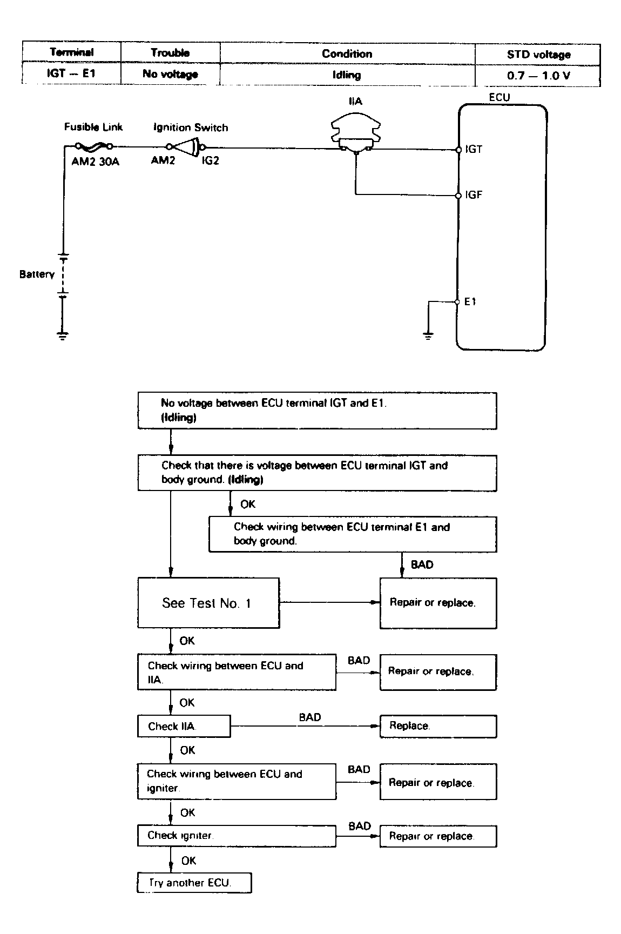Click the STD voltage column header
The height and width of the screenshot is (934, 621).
coord(538,55)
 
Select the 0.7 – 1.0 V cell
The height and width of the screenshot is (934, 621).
coord(538,76)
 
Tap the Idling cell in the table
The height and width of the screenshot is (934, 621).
coord(347,75)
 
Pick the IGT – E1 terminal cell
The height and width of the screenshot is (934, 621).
coord(71,73)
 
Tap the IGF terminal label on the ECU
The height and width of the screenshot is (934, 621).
coord(474,195)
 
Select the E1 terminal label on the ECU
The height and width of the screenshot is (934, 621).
coord(470,301)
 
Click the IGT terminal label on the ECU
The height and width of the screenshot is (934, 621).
coord(474,149)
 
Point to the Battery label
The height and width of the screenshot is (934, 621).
coord(37,274)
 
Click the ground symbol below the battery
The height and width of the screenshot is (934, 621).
coord(63,335)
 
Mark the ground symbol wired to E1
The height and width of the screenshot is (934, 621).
coord(428,336)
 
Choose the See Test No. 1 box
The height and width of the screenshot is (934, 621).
coord(208,603)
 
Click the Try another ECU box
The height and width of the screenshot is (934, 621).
coord(194,883)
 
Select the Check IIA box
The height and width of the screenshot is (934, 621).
coord(184,726)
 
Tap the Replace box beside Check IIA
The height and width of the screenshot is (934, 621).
coord(438,726)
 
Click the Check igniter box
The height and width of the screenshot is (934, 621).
coord(236,836)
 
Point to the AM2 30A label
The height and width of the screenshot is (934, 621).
coord(95,161)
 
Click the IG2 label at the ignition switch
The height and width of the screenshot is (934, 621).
coord(211,161)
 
